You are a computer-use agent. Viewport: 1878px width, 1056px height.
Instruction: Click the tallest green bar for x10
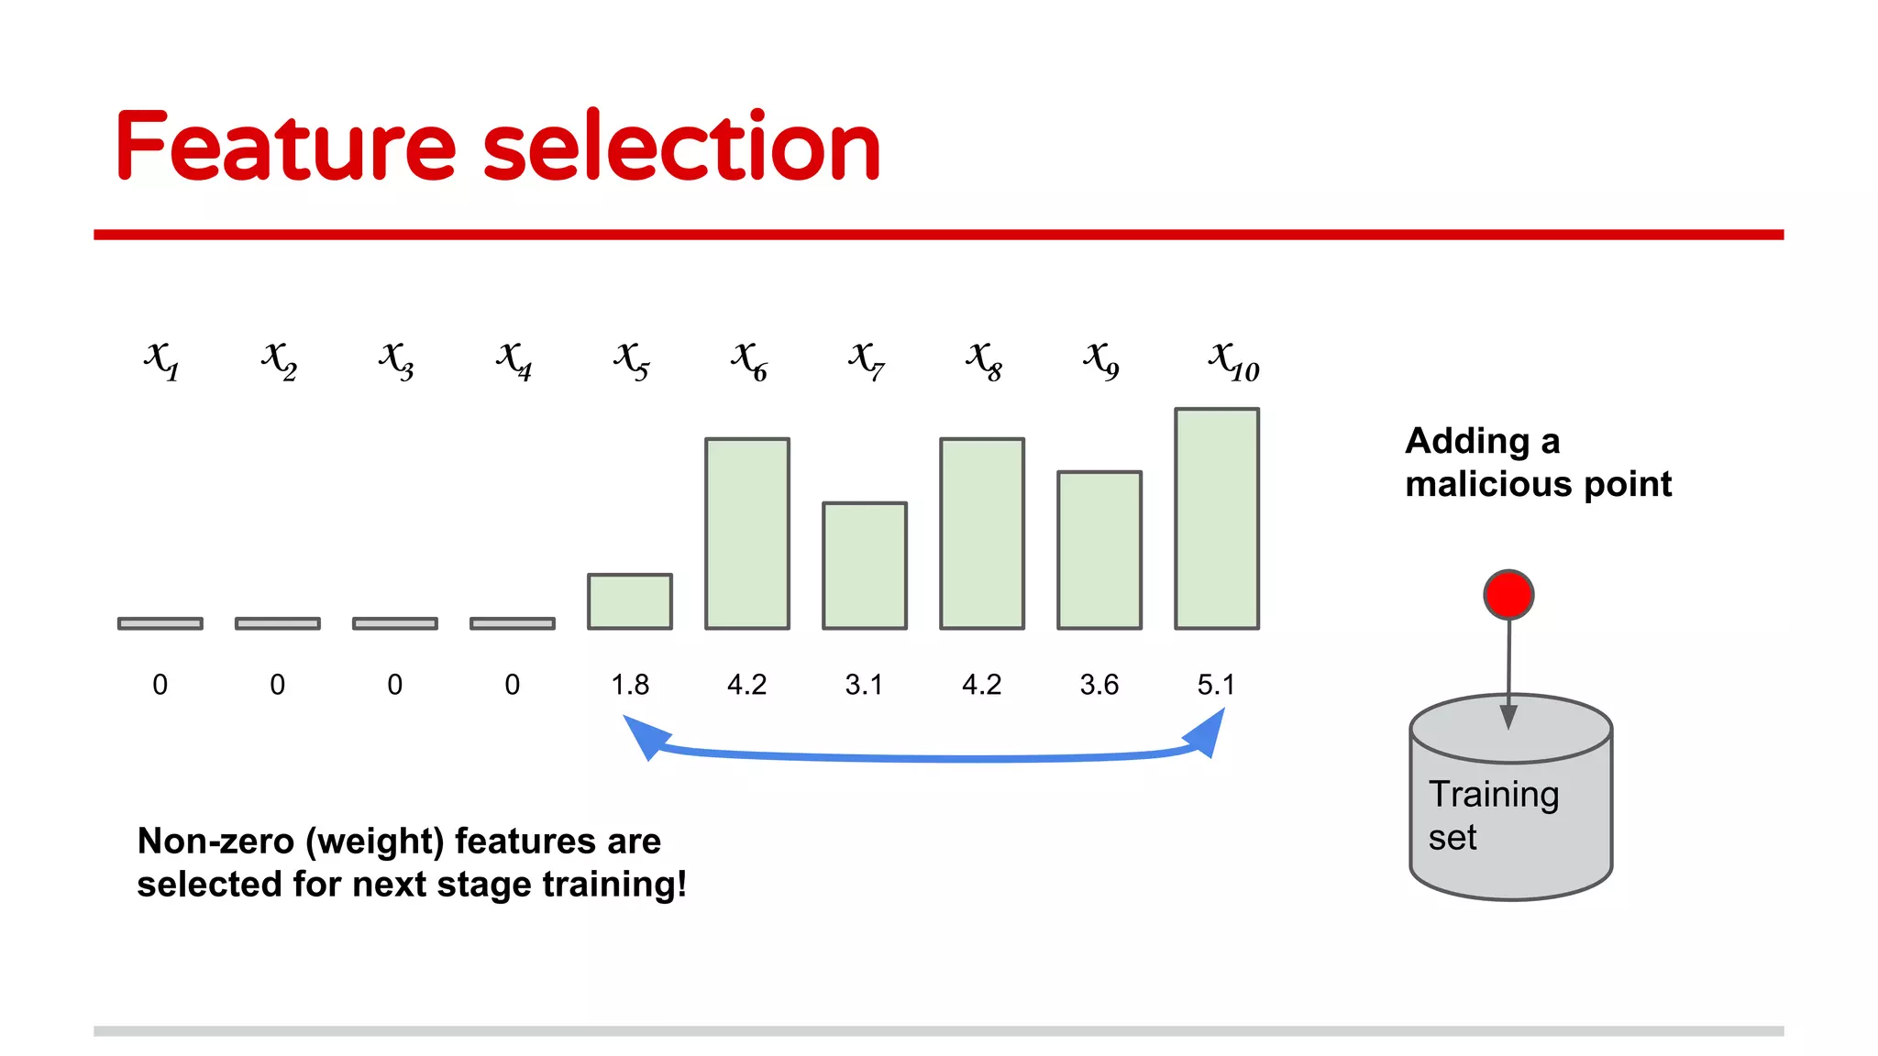click(1217, 519)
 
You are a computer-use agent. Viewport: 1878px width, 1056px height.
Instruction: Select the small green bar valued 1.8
click(630, 601)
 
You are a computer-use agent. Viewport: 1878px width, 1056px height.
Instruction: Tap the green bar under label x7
click(865, 566)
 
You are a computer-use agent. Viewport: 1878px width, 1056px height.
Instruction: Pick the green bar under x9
click(1099, 550)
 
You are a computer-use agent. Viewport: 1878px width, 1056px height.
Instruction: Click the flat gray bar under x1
click(160, 623)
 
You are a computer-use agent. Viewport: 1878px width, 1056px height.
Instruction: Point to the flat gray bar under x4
click(513, 623)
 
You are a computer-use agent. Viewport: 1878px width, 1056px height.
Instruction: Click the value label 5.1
click(1217, 685)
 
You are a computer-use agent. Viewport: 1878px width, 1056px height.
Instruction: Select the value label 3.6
click(1099, 685)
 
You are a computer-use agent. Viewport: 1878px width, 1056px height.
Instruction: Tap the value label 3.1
click(864, 685)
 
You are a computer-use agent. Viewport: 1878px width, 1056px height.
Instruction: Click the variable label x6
click(749, 359)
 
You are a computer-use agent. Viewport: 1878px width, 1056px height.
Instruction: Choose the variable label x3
click(396, 359)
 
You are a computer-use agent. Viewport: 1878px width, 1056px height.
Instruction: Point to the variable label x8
click(984, 359)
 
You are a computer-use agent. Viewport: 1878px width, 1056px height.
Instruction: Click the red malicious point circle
click(1508, 595)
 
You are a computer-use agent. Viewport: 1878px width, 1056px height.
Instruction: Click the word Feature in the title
click(284, 147)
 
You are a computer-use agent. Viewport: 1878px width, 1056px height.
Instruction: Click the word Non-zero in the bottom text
click(215, 841)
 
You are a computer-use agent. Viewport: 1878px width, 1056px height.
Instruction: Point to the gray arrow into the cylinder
click(1508, 669)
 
